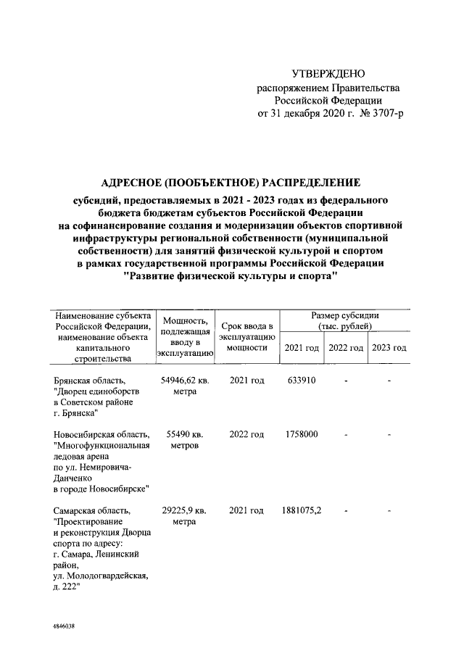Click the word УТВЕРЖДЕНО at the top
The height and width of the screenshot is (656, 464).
(x=328, y=74)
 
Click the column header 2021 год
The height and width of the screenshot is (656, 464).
(x=302, y=348)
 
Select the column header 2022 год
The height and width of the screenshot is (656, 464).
(x=346, y=348)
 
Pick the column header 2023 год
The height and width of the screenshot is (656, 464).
(x=389, y=348)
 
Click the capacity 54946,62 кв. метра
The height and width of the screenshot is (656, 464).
(x=184, y=386)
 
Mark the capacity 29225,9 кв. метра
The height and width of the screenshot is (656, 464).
(x=184, y=518)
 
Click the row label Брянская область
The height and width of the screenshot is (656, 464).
(x=90, y=380)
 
